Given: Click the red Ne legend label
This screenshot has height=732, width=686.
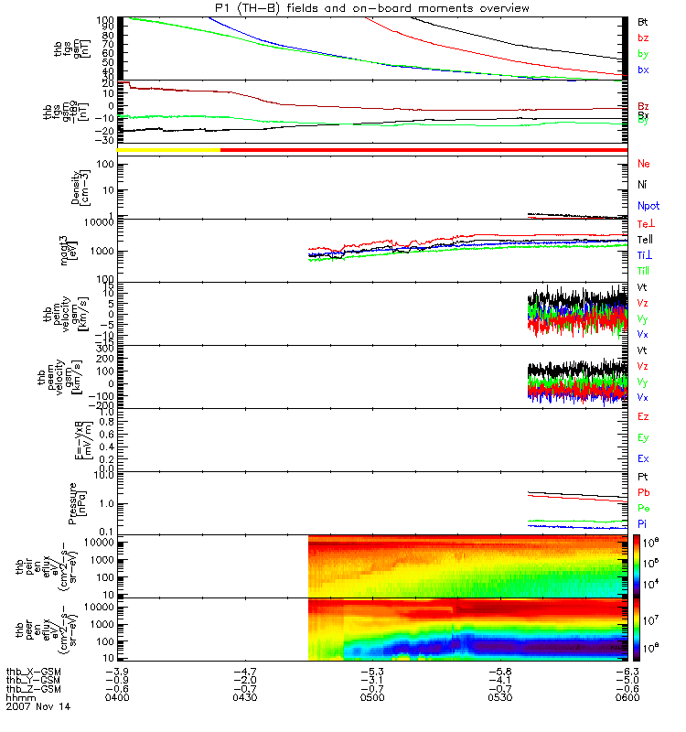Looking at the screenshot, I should (x=643, y=164).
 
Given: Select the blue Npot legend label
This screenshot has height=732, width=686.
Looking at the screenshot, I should (x=648, y=206).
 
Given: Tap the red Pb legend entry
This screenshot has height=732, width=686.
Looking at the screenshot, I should (x=643, y=491).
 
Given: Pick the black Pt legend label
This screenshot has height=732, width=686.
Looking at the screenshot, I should (x=642, y=478).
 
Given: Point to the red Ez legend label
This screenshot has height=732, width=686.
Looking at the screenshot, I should (x=643, y=416).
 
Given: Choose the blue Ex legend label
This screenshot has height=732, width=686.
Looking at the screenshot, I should (x=643, y=458).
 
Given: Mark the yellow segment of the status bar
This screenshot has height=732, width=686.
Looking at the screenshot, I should (x=168, y=149).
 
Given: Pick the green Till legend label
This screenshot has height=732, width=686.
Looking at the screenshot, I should (x=644, y=271).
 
